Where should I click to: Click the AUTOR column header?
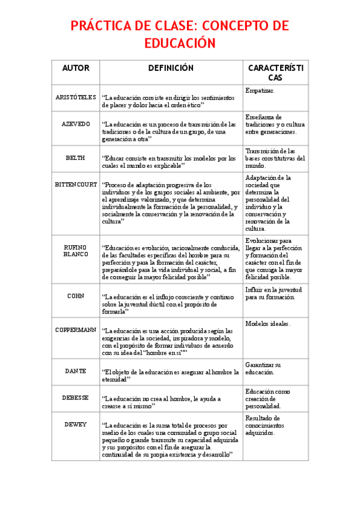tap(76, 68)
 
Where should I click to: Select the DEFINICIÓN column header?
tap(171, 68)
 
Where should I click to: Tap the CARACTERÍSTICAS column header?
tap(275, 73)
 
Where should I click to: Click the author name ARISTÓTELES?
tap(76, 97)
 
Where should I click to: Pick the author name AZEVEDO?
tap(76, 123)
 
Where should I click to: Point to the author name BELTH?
tap(76, 158)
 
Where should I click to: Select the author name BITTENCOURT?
tap(76, 184)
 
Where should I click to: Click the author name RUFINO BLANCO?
tap(76, 250)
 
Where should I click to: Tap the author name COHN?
tap(76, 296)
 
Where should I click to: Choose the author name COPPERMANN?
tap(76, 330)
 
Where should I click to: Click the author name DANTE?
tap(76, 371)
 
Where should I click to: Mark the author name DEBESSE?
tap(76, 398)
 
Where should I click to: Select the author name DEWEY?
tap(76, 424)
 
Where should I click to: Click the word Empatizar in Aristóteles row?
tap(260, 90)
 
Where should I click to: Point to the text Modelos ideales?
tap(268, 324)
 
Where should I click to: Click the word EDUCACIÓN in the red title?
tap(180, 44)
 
